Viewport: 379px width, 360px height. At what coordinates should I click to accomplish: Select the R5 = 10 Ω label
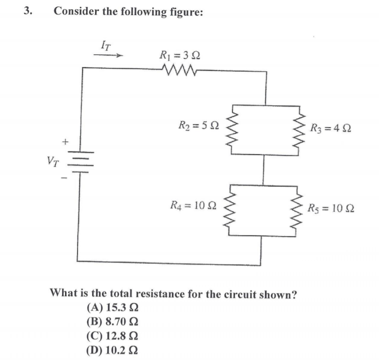(332, 206)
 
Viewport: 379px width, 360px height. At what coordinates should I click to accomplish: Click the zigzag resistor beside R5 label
(299, 207)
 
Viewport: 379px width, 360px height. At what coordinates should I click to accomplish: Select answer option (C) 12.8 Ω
(112, 335)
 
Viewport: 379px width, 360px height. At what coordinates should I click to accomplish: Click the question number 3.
(28, 10)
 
